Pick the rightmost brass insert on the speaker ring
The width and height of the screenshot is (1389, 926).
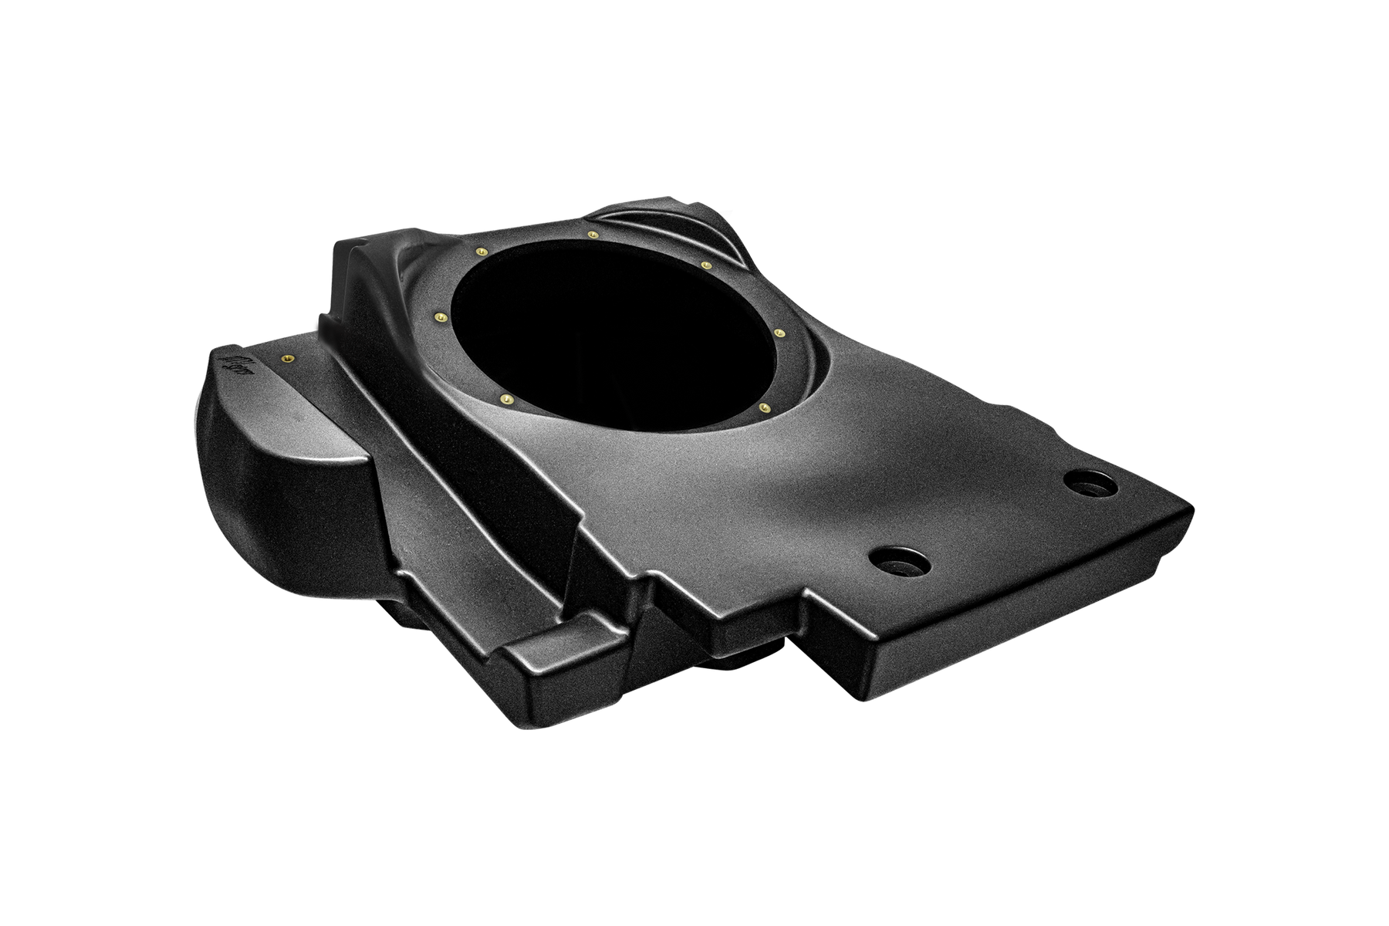779,333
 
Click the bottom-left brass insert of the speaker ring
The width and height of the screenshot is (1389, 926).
505,398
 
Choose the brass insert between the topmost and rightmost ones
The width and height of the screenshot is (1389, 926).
706,265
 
